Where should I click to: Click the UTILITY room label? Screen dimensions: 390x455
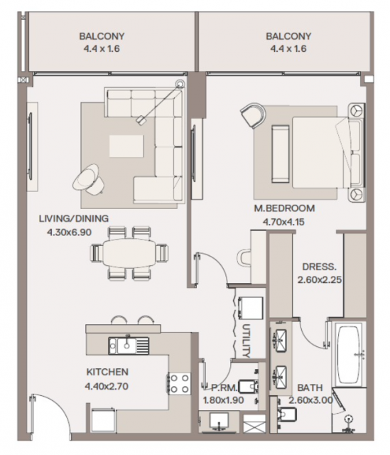point(246,341)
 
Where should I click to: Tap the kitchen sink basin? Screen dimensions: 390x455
point(126,346)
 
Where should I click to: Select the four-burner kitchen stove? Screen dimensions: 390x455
point(179,383)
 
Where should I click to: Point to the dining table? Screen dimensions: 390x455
point(129,253)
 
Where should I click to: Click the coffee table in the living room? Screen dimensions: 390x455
point(126,146)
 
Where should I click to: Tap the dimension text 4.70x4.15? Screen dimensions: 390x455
point(283,222)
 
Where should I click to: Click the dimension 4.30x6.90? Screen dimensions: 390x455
point(69,232)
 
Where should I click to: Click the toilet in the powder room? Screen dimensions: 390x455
point(248,387)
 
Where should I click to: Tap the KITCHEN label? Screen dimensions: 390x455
point(107,372)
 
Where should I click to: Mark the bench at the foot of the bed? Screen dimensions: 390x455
point(280,154)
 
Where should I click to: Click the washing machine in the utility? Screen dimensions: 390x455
point(250,308)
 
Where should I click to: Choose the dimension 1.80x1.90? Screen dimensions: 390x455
point(223,400)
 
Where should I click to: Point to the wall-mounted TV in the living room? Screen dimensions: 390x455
point(30,146)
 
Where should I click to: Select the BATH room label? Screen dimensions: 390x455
point(310,387)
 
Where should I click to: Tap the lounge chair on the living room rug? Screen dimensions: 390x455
point(88,179)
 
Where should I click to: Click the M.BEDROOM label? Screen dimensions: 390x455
point(284,208)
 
